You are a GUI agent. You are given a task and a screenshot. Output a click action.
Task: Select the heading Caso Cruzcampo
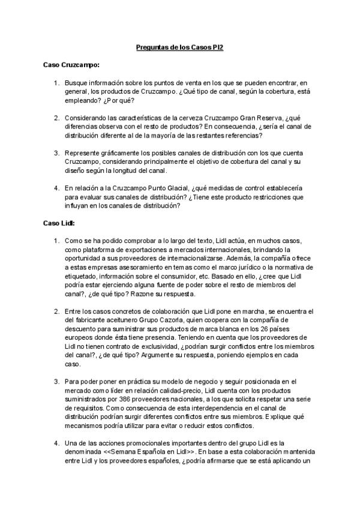pyautogui.click(x=71, y=64)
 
